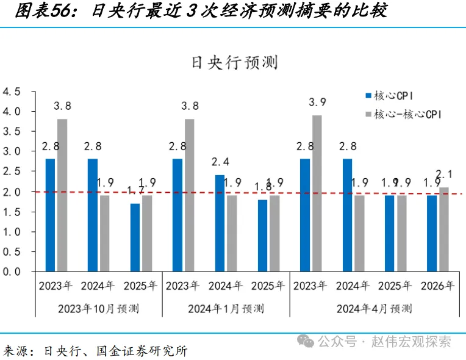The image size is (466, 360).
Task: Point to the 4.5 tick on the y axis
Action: [12, 92]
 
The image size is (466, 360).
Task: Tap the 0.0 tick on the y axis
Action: [12, 272]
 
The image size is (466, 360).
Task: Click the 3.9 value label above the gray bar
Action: [318, 102]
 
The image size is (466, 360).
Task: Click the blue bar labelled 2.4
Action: [220, 223]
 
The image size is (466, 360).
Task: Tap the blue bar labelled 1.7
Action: [135, 237]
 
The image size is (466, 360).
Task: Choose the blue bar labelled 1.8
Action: [262, 236]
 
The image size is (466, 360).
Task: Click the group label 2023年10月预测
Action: [98, 308]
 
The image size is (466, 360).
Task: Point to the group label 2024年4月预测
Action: [374, 308]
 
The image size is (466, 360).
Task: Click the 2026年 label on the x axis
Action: [437, 286]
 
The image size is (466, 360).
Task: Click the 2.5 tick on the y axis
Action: [12, 171]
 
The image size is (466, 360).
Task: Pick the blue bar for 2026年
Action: [432, 233]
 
